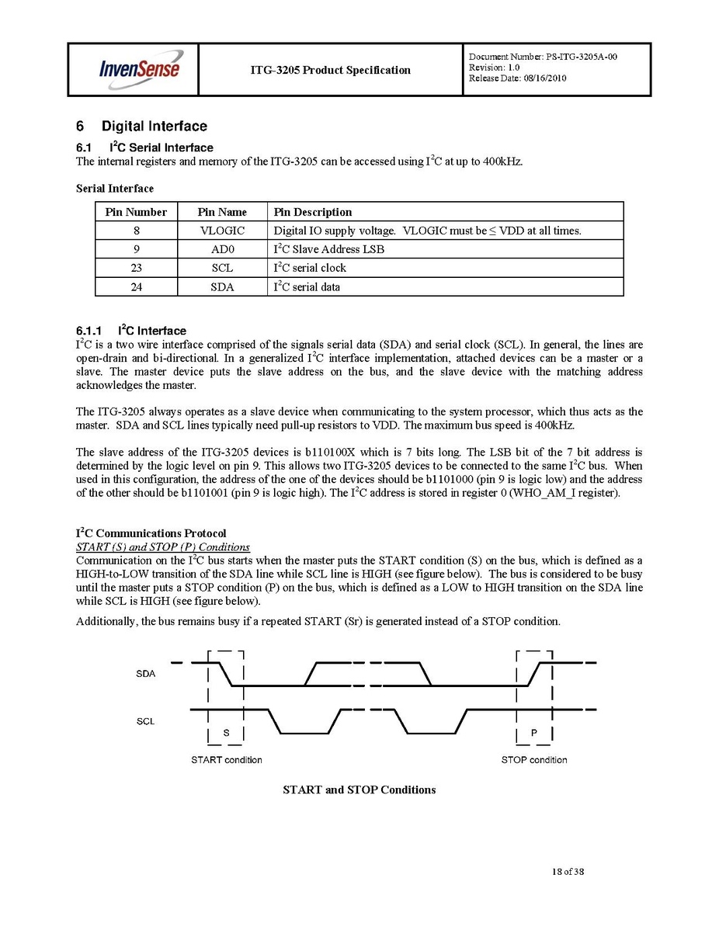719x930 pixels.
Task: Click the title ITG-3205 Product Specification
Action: [x=330, y=70]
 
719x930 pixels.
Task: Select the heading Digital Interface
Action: [x=154, y=126]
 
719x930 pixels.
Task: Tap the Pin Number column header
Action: [x=136, y=212]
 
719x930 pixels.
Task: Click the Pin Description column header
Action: [x=313, y=212]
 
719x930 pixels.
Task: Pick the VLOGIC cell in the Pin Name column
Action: [x=222, y=231]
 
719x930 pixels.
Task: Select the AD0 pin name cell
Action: [x=222, y=249]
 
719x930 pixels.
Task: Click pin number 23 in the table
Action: [x=136, y=268]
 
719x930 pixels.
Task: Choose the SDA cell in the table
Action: [x=222, y=286]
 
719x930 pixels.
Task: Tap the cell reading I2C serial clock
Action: [x=310, y=268]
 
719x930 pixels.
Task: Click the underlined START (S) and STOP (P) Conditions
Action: [x=162, y=547]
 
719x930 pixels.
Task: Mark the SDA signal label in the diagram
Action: [x=146, y=674]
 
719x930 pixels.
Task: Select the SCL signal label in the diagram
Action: [x=146, y=721]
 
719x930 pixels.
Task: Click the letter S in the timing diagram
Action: [x=226, y=733]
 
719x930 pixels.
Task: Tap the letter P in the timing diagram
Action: [x=533, y=733]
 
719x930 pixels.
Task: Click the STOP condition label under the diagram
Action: [x=534, y=760]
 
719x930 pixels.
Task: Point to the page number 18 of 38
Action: [x=563, y=872]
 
